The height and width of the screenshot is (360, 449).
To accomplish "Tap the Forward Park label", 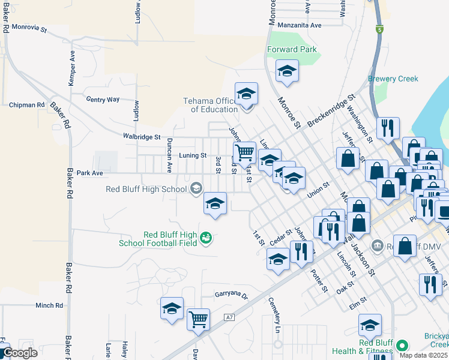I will [292, 50].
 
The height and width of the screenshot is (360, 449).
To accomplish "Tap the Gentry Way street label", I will [103, 99].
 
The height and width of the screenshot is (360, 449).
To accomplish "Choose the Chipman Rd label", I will [27, 104].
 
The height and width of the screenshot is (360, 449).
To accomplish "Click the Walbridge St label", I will [142, 137].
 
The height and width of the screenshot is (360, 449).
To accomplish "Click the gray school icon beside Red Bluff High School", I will [195, 189].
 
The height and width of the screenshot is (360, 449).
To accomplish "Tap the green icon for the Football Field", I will [206, 238].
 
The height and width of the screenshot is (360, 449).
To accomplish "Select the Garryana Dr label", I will [232, 295].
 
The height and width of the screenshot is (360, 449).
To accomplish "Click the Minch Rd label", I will [49, 305].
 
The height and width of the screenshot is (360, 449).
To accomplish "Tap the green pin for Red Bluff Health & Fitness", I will [402, 346].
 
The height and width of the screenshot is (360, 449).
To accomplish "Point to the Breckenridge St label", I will [331, 110].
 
